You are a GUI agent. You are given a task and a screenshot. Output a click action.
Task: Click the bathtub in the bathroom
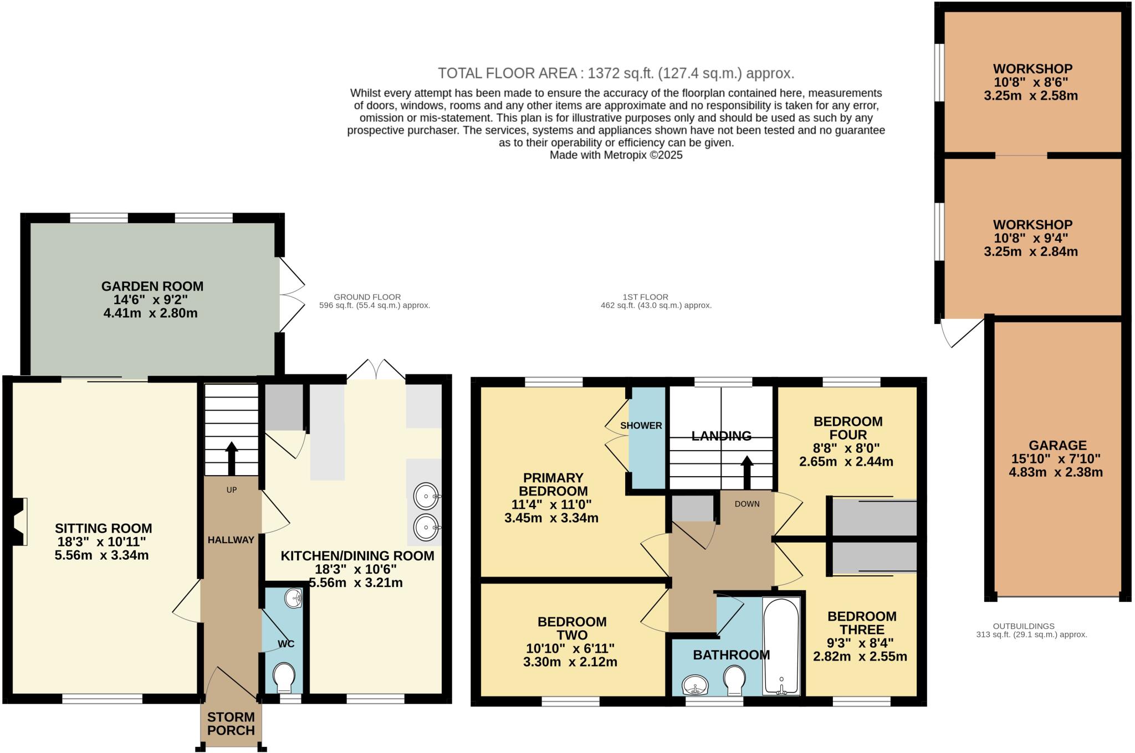pos(781,645)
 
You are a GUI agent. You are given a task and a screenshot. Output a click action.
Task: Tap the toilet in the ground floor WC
pos(284,677)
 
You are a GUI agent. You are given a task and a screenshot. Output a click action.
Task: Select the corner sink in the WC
pos(293,598)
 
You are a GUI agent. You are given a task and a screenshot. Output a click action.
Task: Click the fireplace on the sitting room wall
pos(18,522)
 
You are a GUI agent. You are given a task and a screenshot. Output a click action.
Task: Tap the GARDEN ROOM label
pos(152,286)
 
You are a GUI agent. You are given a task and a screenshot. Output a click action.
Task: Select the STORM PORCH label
pos(231,724)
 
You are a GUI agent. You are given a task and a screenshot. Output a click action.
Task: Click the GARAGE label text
pos(1057,445)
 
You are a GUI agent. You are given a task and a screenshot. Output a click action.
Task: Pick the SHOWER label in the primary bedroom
pos(641,425)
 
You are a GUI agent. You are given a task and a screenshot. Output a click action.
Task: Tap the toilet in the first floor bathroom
pos(734,680)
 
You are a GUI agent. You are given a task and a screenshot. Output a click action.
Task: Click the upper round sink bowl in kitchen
pos(426,496)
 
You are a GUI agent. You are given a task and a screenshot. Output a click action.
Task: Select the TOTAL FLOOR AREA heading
pos(616,73)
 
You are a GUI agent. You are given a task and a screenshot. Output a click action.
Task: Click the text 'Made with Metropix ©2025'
pos(616,155)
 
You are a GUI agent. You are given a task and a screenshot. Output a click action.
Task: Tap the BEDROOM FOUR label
pos(847,428)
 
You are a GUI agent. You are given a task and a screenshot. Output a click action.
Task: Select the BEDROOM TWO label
pos(572,628)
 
